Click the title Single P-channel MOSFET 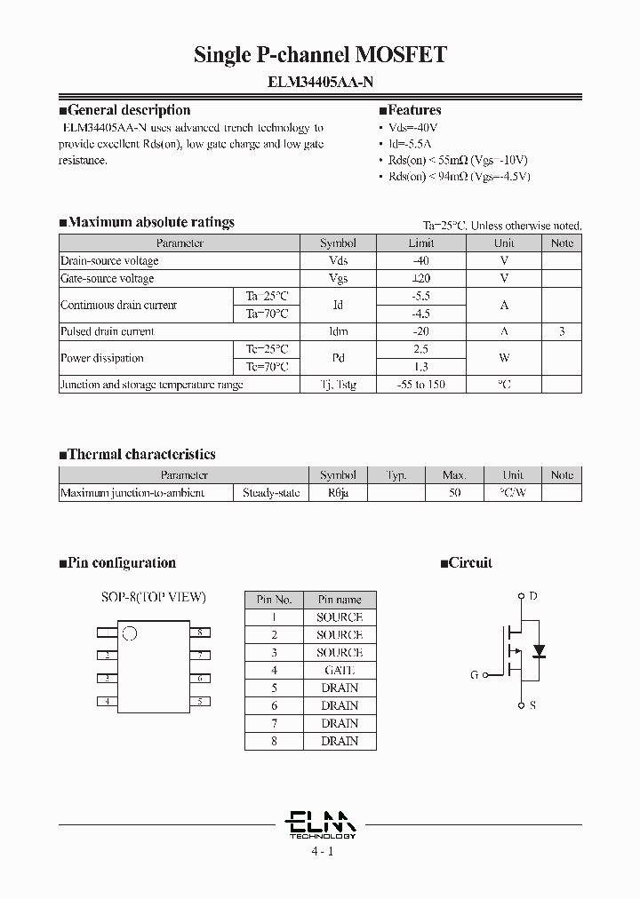pos(320,55)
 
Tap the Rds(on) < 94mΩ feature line pos(459,176)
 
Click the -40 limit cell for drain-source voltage pos(421,260)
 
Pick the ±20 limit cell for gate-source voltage pos(421,278)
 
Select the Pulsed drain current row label pos(107,331)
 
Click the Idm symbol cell pos(338,331)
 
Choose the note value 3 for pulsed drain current pos(562,331)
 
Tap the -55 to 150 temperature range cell pos(421,385)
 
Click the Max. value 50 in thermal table pos(454,492)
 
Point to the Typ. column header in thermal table pos(396,475)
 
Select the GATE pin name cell pos(340,670)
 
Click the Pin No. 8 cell pos(274,741)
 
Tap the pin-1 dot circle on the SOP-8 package pos(130,633)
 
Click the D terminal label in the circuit pos(532,597)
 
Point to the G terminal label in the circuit pos(474,675)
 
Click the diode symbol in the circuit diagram pos(539,651)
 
